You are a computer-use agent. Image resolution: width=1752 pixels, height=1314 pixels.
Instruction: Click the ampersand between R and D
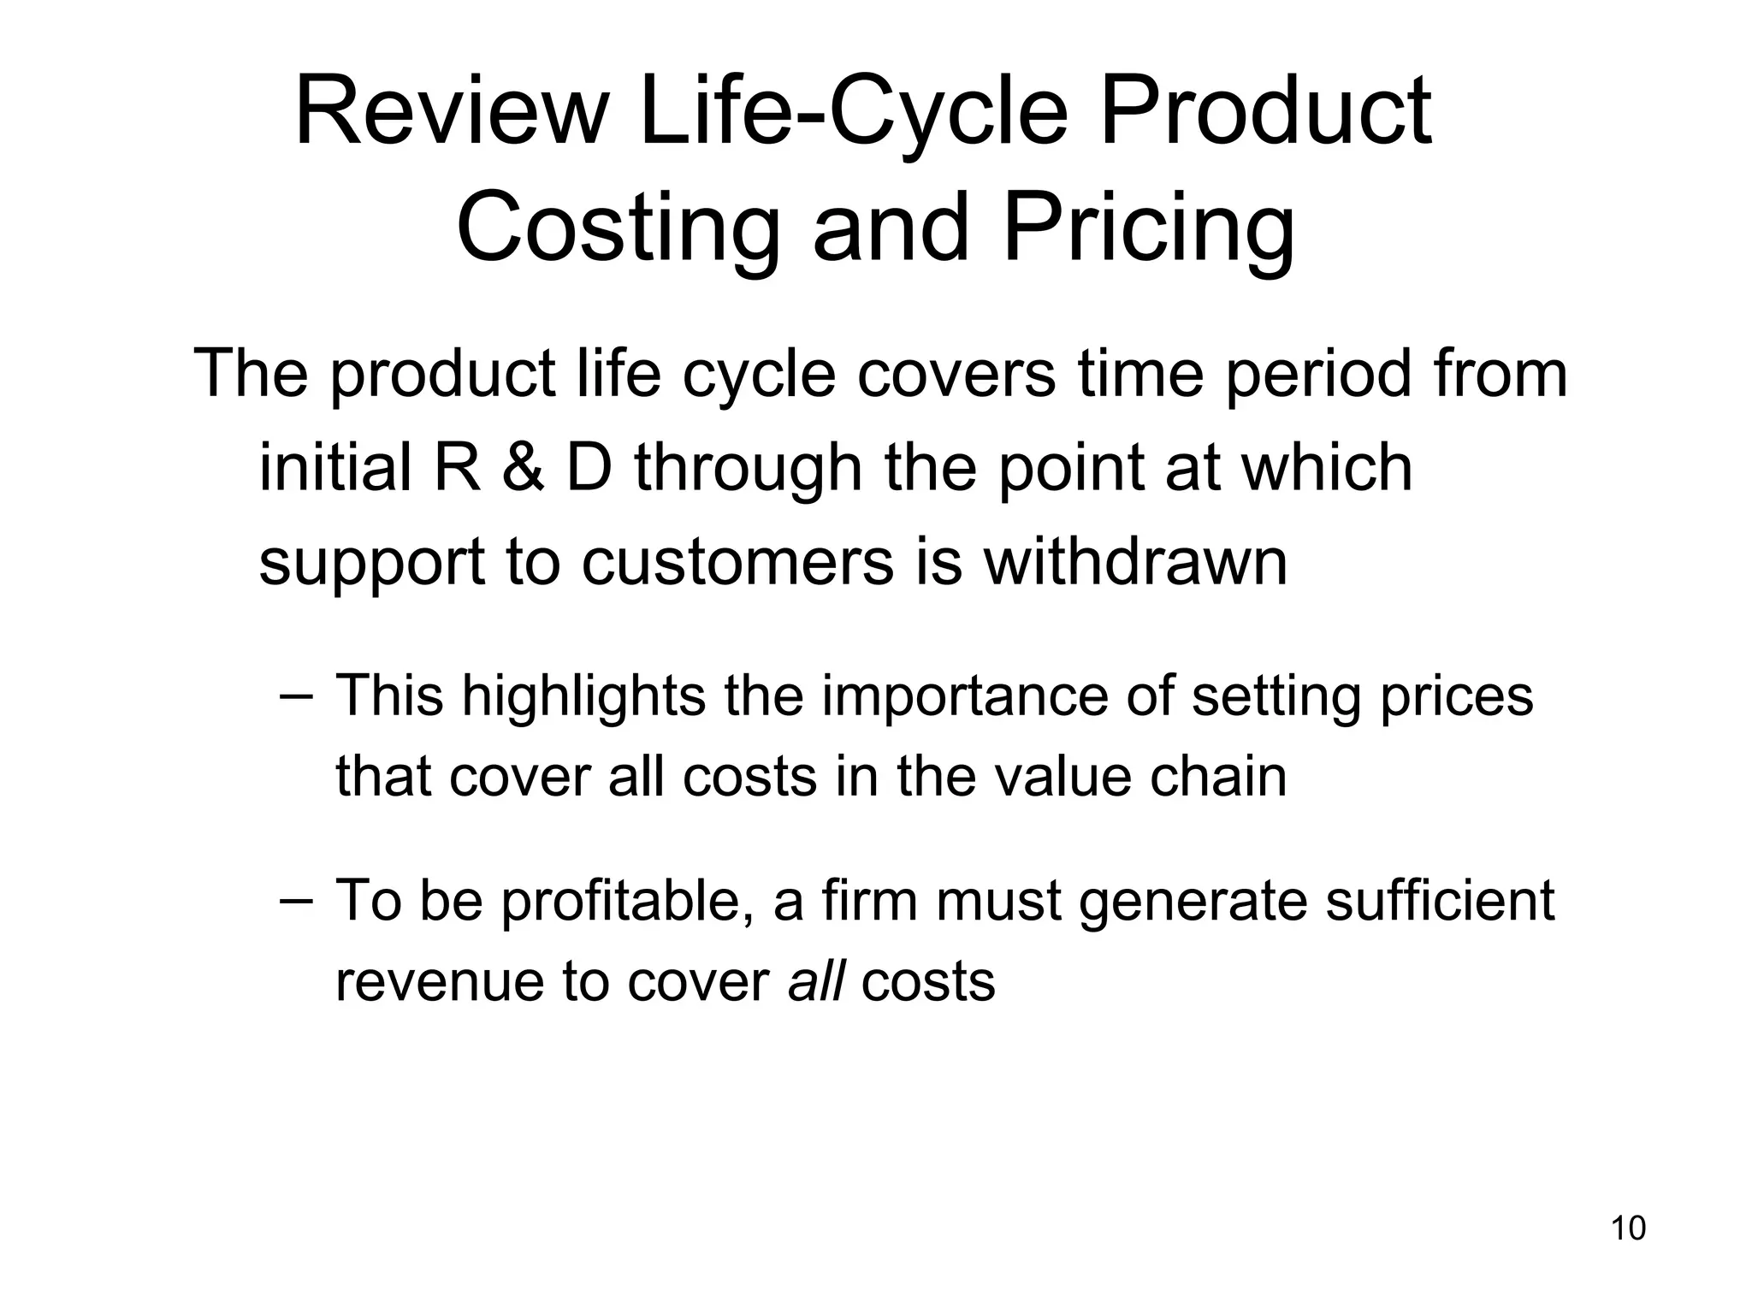(x=523, y=469)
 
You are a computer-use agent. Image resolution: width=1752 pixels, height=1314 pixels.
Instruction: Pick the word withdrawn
(x=1135, y=562)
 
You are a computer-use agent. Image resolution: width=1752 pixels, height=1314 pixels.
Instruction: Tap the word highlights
(x=583, y=696)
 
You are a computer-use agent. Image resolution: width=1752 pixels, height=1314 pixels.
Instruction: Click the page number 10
(x=1628, y=1228)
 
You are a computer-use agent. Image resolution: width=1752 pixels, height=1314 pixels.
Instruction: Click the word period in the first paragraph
(x=1317, y=375)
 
